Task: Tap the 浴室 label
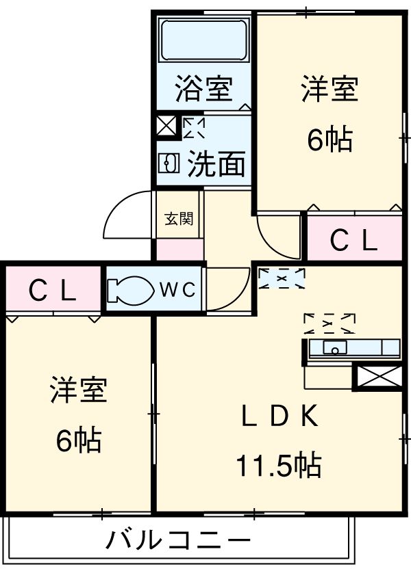coord(203,90)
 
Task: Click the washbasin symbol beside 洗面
coord(169,163)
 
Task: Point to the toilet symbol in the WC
coord(130,289)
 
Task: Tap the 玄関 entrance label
coord(179,219)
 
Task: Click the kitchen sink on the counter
coord(335,347)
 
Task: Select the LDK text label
coord(277,416)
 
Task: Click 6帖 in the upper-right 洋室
coord(329,140)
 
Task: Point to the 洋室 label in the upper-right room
coord(329,90)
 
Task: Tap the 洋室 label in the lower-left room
coord(78,391)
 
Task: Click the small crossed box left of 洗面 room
coord(166,127)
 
